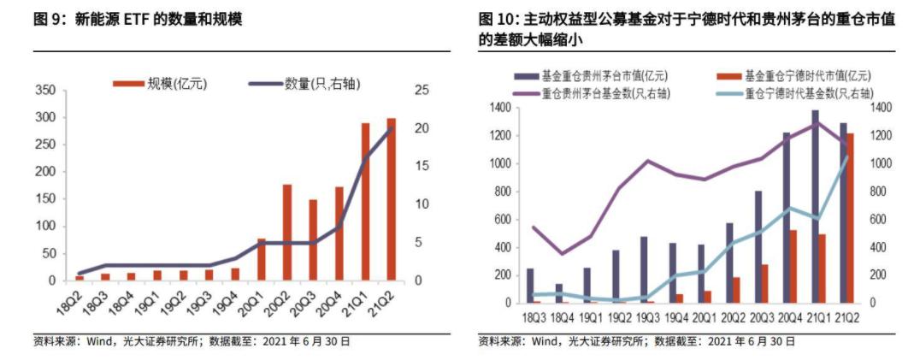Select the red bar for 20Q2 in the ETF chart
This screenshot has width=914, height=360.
(287, 233)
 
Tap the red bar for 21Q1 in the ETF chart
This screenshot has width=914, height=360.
(365, 202)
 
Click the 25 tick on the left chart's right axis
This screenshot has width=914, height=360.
(421, 90)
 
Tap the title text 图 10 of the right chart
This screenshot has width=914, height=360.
(497, 19)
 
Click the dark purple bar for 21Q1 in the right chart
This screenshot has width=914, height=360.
(815, 206)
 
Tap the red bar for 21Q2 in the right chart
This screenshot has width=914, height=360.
(850, 218)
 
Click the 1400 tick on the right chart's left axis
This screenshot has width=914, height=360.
(499, 108)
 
